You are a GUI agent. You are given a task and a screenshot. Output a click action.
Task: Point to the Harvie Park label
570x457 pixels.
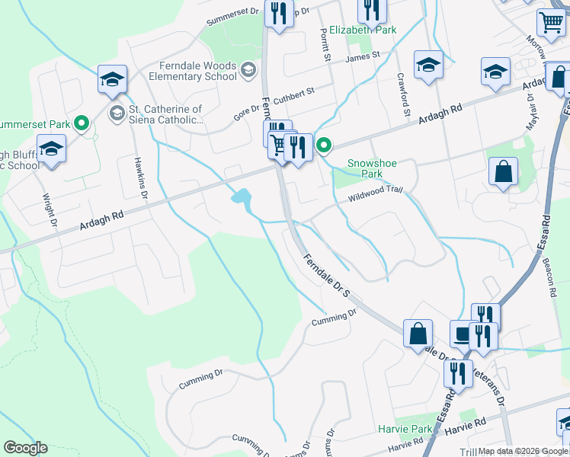(405, 430)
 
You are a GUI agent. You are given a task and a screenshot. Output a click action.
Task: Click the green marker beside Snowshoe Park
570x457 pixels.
(324, 144)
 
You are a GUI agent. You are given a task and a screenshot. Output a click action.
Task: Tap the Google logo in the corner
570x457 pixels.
(25, 448)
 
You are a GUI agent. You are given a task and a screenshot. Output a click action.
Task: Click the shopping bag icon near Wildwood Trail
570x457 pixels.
(504, 173)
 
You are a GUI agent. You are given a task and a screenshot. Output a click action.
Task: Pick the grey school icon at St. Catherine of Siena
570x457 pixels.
(117, 114)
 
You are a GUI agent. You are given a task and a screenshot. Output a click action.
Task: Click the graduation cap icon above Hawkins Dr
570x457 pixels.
(112, 79)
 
